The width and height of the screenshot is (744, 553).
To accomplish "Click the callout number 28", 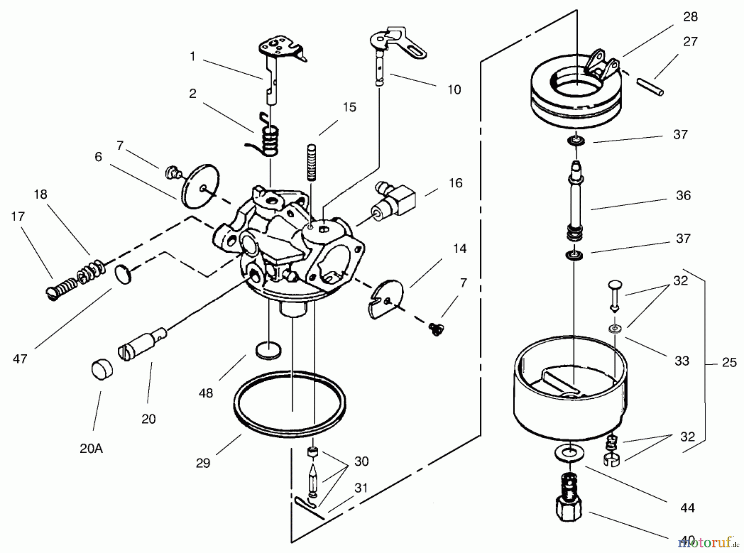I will coord(690,17).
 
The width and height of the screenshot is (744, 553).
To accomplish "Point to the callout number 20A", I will coord(91,448).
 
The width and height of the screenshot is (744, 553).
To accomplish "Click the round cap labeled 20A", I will coord(100,369).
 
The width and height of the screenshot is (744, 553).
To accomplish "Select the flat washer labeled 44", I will coord(569,452).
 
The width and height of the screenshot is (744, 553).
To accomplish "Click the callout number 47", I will coord(20,359).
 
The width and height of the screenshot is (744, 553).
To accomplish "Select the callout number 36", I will coord(683,195).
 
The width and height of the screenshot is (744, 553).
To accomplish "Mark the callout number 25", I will coord(729,362).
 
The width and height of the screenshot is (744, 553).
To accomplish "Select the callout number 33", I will coord(682,361).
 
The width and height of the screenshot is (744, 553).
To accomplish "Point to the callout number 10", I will coord(454,89).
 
